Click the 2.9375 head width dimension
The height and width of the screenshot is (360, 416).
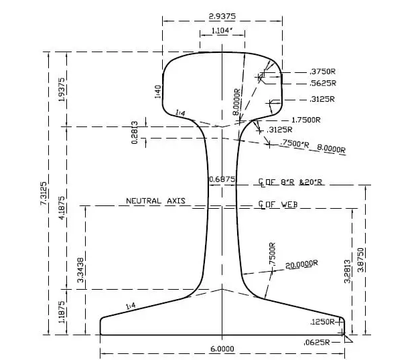(x=222, y=15)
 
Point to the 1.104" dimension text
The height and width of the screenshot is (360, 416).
(x=221, y=31)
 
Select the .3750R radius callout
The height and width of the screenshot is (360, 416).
(x=322, y=72)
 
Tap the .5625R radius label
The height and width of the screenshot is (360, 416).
(x=322, y=84)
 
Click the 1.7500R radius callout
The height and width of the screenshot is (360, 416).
(x=304, y=120)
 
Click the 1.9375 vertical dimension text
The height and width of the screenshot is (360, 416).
(x=62, y=90)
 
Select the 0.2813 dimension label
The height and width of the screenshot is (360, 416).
(x=135, y=132)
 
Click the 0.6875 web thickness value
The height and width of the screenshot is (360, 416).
(x=222, y=179)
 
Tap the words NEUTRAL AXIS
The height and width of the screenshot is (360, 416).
(x=155, y=201)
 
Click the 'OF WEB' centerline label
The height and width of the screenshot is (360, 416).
(x=281, y=204)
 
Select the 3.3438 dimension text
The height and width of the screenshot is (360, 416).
(x=81, y=269)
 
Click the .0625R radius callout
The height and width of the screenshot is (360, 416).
(x=317, y=342)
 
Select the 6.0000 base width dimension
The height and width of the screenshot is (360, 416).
(x=222, y=349)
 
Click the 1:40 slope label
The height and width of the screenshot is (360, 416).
(x=158, y=91)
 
